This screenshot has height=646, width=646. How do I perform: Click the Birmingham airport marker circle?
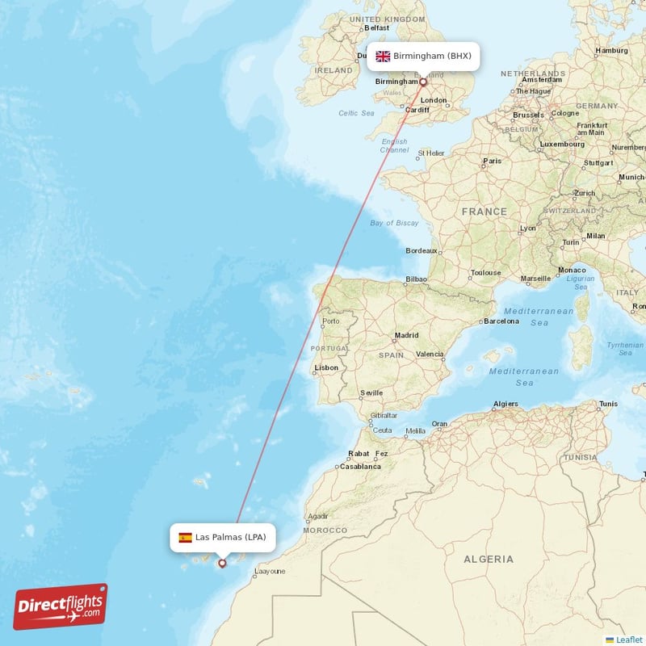click(422, 82)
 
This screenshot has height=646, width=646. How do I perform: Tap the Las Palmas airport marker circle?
click(222, 564)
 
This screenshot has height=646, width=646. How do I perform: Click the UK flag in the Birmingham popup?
click(383, 57)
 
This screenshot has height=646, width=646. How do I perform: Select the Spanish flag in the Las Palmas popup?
click(185, 537)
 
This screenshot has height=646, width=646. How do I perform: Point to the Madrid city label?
click(406, 335)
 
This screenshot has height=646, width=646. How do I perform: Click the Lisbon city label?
click(326, 367)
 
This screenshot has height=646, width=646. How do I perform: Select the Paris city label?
click(492, 161)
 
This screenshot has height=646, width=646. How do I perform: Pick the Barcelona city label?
click(501, 321)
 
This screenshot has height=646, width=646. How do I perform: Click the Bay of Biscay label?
click(394, 223)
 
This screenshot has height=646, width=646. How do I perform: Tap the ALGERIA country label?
click(488, 559)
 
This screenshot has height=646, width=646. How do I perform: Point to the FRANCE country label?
click(484, 212)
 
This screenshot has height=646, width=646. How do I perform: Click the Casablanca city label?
click(360, 467)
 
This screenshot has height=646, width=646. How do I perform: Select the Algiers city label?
click(505, 404)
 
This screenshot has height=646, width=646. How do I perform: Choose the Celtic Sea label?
click(357, 113)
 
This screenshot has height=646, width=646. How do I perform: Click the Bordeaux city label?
click(422, 251)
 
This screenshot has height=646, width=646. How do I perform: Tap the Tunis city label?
click(608, 404)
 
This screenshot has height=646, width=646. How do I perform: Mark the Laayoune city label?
click(270, 572)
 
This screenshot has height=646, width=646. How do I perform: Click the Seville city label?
click(371, 393)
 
